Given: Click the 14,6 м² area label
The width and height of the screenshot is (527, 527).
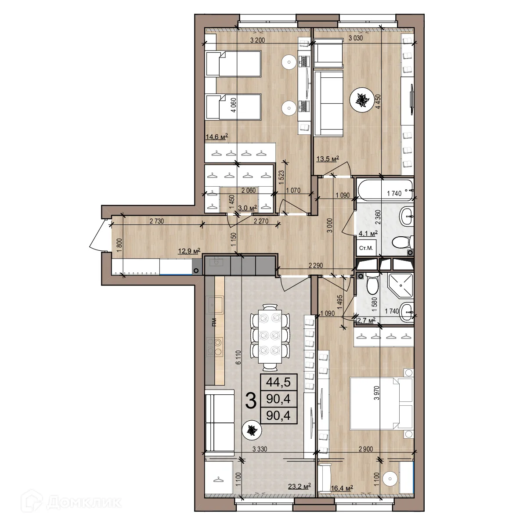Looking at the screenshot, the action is [217, 137].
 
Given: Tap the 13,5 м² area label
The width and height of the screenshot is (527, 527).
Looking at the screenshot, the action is [328, 159].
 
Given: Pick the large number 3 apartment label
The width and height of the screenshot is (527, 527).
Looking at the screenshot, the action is [251, 401].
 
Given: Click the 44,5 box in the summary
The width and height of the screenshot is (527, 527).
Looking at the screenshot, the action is [278, 382].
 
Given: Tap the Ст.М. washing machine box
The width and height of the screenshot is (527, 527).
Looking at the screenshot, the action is [366, 248].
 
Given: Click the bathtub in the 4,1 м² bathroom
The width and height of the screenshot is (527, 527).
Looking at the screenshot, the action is [385, 189].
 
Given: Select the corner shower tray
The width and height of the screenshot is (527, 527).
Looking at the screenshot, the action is [400, 285].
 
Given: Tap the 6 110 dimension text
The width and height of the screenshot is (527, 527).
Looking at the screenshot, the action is [238, 357].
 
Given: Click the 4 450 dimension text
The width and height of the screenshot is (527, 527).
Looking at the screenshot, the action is [378, 101].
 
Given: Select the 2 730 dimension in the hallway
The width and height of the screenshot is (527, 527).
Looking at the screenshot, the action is [157, 221].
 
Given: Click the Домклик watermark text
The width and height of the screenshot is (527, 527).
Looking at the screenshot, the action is [84, 502].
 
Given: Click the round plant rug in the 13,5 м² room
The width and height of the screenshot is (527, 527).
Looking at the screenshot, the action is [362, 100].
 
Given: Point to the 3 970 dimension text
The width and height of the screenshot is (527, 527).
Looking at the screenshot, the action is [377, 393].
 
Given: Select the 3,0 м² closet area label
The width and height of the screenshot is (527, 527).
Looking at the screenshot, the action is [248, 208].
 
